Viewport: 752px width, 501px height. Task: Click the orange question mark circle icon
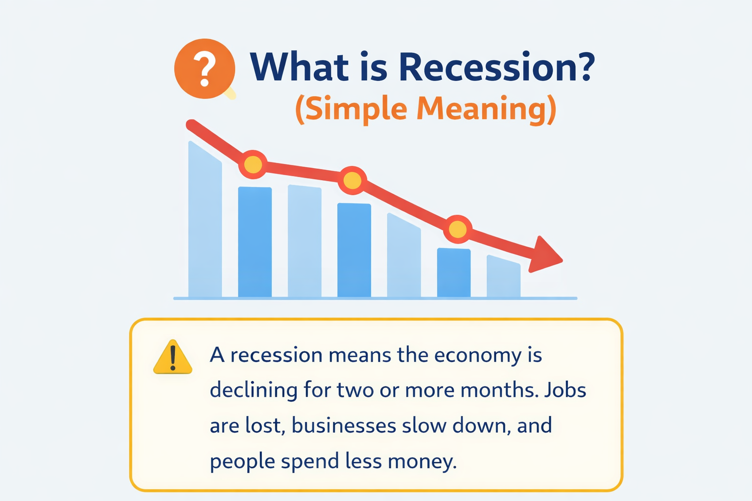click(205, 68)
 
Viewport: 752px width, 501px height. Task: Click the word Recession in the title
click(496, 67)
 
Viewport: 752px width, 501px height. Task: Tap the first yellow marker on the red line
click(253, 164)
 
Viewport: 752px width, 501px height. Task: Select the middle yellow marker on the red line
click(352, 181)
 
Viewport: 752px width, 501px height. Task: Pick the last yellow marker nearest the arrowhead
click(458, 229)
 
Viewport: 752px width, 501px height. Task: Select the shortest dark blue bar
click(454, 273)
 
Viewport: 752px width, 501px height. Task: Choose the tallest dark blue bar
click(255, 242)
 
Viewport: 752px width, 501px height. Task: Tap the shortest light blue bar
click(503, 278)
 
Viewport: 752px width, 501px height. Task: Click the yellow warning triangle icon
click(172, 358)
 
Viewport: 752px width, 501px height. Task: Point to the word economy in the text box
click(477, 355)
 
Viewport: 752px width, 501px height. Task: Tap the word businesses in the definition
click(344, 426)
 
